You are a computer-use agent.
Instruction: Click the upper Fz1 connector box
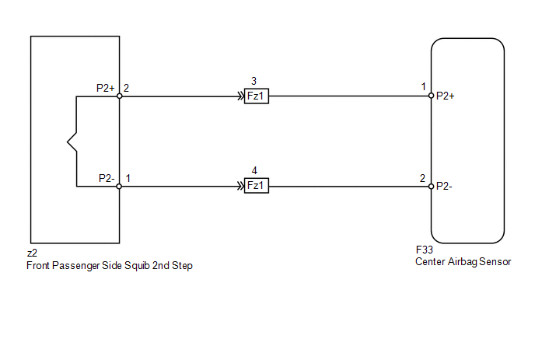pyautogui.click(x=257, y=96)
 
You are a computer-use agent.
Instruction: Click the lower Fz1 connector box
pyautogui.click(x=257, y=186)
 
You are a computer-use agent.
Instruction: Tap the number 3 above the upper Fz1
pyautogui.click(x=254, y=81)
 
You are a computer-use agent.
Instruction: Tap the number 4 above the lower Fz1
pyautogui.click(x=254, y=170)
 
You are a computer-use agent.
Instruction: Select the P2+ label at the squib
pyautogui.click(x=106, y=88)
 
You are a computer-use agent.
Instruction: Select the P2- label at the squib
pyautogui.click(x=107, y=178)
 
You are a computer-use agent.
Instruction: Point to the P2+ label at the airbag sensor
pyautogui.click(x=446, y=96)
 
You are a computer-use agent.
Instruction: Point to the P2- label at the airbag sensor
pyautogui.click(x=444, y=186)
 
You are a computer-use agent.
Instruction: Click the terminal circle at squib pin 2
pyautogui.click(x=120, y=96)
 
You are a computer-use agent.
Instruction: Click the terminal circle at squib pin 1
pyautogui.click(x=119, y=187)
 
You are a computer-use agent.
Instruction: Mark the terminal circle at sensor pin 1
pyautogui.click(x=432, y=96)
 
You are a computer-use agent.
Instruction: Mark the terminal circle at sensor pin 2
pyautogui.click(x=432, y=187)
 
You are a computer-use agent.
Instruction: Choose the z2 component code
pyautogui.click(x=32, y=253)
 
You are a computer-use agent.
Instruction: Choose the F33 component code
pyautogui.click(x=425, y=250)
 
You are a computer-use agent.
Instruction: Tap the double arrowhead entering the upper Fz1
pyautogui.click(x=241, y=96)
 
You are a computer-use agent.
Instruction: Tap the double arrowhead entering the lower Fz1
pyautogui.click(x=241, y=186)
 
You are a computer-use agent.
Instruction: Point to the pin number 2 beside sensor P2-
pyautogui.click(x=422, y=178)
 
